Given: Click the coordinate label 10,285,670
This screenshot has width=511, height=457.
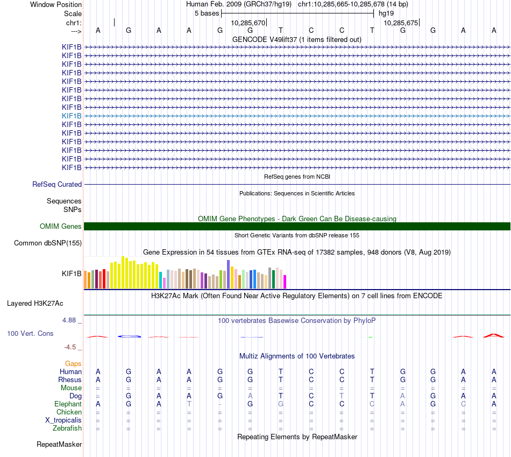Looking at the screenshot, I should [248, 23].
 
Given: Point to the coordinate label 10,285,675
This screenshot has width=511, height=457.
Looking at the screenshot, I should [401, 23].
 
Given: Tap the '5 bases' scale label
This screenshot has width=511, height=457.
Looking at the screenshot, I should [207, 13].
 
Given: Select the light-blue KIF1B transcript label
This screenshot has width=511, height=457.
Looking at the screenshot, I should [72, 116].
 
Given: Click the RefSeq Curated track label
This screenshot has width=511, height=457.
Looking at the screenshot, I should [57, 185].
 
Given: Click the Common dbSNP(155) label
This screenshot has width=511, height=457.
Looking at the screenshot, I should [48, 243].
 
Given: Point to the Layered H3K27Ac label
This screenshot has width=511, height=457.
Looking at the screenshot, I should [35, 304].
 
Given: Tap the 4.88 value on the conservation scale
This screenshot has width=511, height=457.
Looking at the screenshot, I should [69, 320].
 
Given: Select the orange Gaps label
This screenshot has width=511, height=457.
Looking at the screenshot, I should [73, 364].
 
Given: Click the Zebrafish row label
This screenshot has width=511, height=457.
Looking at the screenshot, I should [67, 428].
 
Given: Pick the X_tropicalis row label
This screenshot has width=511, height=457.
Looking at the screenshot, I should [63, 420].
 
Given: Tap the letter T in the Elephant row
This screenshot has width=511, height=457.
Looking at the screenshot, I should [189, 404].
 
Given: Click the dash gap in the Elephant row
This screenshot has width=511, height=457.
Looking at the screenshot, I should [220, 404].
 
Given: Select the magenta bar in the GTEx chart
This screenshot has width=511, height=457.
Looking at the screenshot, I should [285, 282].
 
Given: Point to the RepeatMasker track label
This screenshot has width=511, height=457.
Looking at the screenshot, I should [59, 445].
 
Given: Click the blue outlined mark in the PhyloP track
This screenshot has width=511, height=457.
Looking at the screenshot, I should [129, 336].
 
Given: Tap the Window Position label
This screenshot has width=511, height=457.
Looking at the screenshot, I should [56, 4].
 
